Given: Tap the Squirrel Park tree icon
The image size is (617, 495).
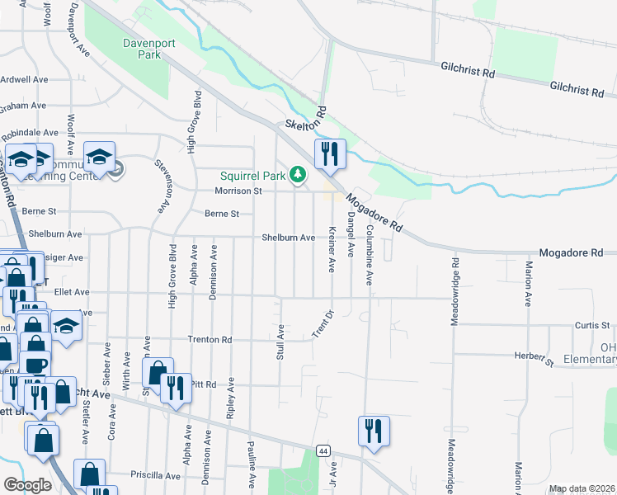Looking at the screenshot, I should (x=297, y=174).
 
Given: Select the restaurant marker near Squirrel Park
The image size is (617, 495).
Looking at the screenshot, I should (x=329, y=154).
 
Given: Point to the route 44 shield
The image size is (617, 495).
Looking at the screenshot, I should (x=323, y=450).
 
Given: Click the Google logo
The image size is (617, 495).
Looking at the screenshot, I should (x=27, y=485).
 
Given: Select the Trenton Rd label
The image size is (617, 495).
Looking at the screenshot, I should (x=210, y=339).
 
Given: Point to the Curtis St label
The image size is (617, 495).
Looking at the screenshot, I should (x=592, y=325).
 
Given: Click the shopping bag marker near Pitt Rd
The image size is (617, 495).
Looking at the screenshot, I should (x=157, y=372).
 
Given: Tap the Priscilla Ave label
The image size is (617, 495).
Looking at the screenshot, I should (x=155, y=476).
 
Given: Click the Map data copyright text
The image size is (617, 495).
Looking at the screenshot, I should (x=582, y=488).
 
